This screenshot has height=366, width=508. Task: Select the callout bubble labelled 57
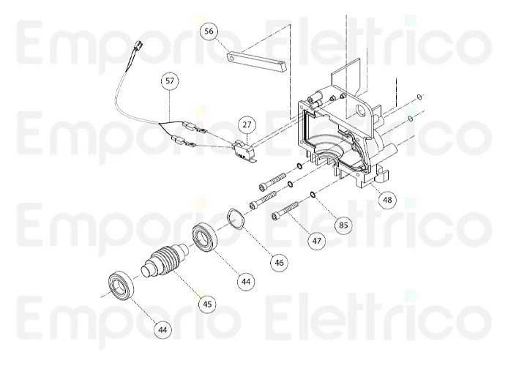(170, 83)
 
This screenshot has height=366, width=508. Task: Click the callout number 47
(316, 239)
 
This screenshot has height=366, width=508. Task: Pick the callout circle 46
(280, 261)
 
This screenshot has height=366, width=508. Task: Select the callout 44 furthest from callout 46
(162, 330)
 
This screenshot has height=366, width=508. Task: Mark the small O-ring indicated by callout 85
(313, 195)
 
